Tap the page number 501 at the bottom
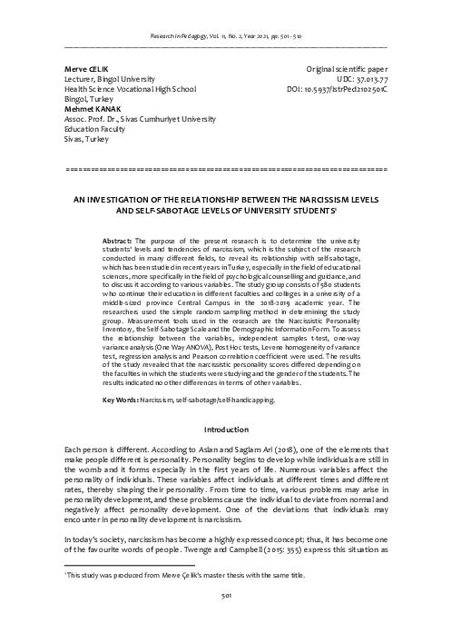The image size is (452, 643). point(226,620)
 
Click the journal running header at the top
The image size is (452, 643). point(226,32)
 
